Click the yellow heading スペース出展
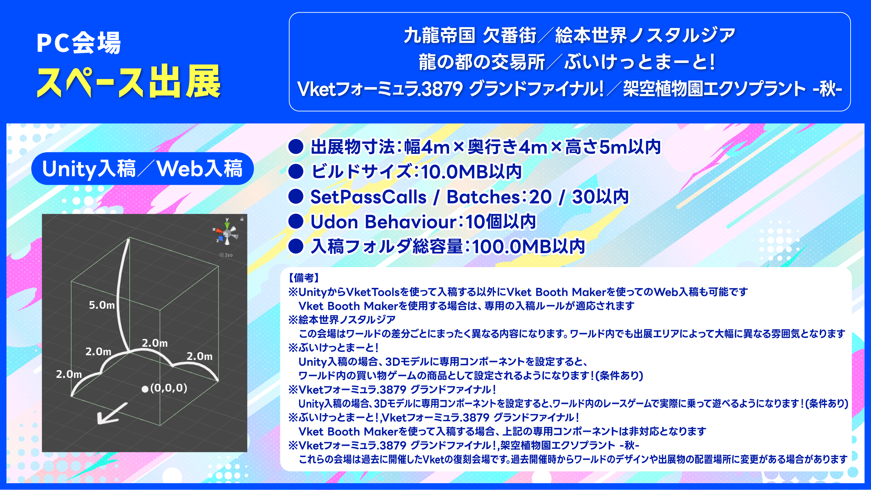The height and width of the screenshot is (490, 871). pos(129,82)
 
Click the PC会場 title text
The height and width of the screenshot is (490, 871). pos(79,43)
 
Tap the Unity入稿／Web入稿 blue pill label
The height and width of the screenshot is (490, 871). pos(143,168)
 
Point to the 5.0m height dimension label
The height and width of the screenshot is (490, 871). pos(102,305)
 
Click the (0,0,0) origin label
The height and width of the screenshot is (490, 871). pos(169,388)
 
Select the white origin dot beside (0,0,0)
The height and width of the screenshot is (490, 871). pos(145,389)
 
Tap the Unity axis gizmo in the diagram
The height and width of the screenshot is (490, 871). pos(227,232)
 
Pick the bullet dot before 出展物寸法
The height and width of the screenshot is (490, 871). pos(296,147)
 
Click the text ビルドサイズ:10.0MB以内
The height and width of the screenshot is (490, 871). pos(416,171)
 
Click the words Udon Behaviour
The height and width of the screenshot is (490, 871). pos(384,222)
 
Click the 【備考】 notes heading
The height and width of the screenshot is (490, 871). pos(304,278)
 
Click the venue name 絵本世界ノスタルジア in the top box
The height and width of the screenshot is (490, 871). pos(645,36)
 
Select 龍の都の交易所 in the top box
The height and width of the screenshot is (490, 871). pos(482,62)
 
